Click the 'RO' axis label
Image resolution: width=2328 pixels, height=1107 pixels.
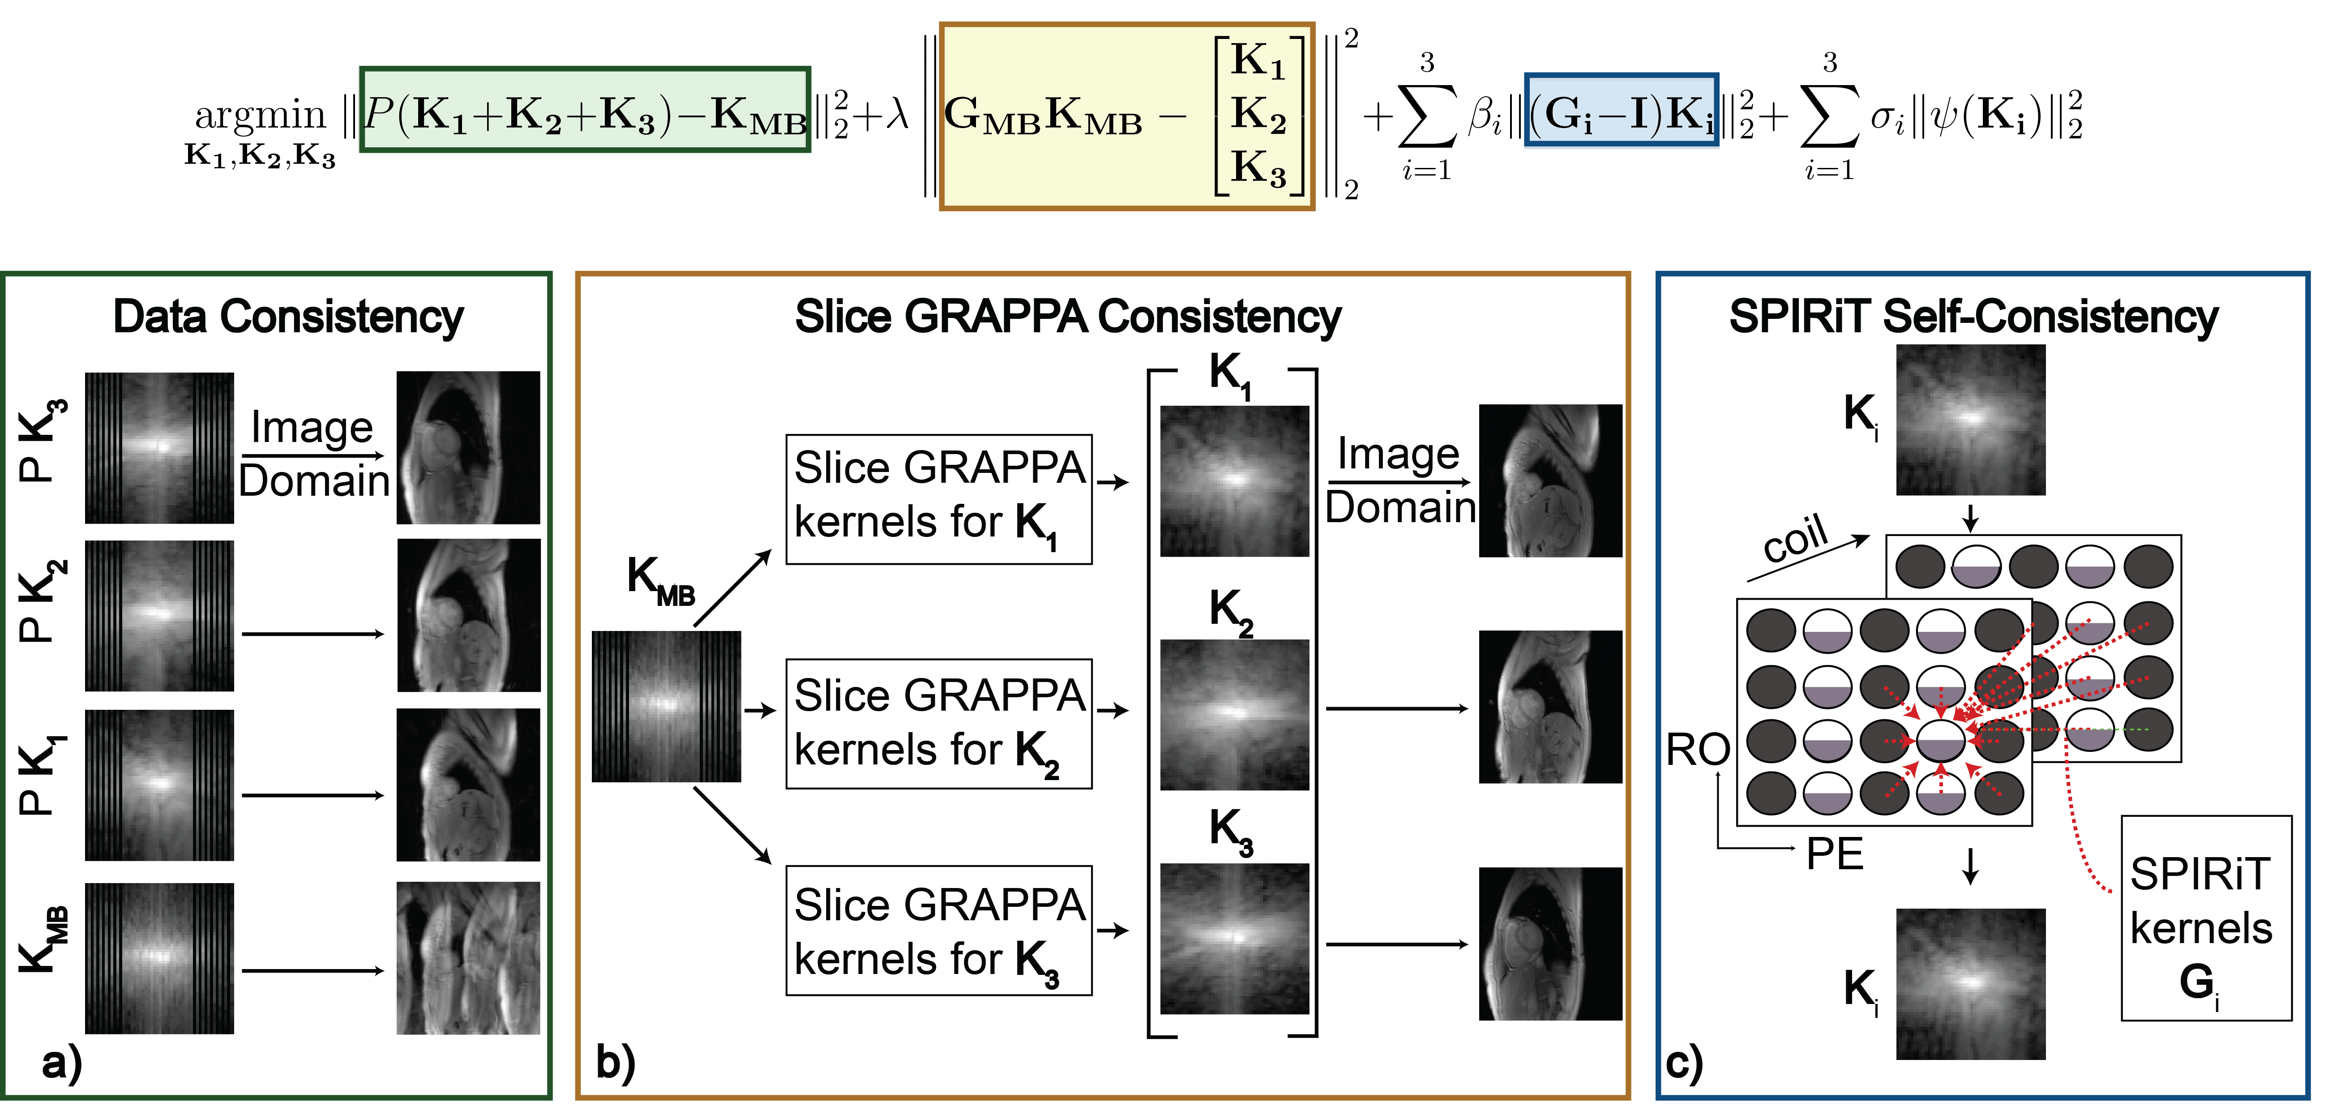pyautogui.click(x=1697, y=750)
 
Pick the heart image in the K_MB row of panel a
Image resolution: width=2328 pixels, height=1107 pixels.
pyautogui.click(x=468, y=958)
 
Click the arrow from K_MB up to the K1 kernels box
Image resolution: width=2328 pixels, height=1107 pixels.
pyautogui.click(x=732, y=588)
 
